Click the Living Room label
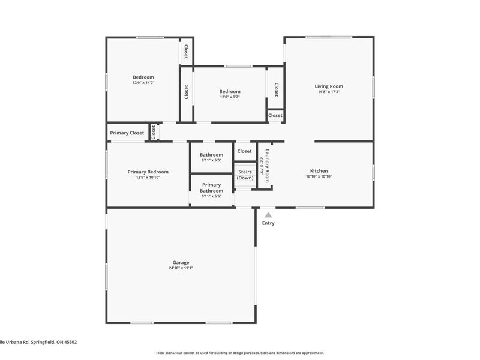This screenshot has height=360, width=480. pos(329,86)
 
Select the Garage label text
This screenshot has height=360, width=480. pos(181,262)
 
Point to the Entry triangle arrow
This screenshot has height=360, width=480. pos(268,215)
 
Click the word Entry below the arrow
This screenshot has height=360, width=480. pos(268,223)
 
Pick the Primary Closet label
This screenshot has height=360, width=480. pos(127,133)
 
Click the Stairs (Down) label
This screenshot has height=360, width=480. pos(245,175)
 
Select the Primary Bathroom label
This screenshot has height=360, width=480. pos(211,188)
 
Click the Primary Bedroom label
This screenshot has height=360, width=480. pos(148,172)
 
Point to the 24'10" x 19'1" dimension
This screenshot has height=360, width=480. pos(181,268)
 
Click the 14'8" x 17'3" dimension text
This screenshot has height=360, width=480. pos(329,92)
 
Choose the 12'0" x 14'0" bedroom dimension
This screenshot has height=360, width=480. pos(143,83)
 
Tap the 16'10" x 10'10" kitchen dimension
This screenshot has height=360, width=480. pos(319,176)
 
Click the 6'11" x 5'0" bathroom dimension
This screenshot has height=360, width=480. pos(211,160)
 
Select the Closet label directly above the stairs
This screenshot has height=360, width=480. pos(244,151)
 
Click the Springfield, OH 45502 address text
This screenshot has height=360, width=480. pos(38,342)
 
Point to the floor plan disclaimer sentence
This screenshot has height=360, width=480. pos(240,353)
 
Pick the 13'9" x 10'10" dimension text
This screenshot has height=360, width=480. pos(148,178)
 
